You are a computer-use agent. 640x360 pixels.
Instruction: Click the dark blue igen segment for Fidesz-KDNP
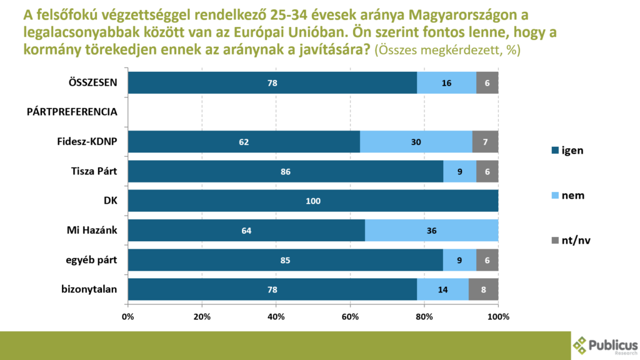coord(244,142)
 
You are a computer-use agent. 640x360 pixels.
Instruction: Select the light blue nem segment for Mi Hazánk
coord(431,231)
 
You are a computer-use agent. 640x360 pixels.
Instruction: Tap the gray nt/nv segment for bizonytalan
coord(484,290)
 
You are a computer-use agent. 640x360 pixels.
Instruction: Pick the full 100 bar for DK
coord(313,201)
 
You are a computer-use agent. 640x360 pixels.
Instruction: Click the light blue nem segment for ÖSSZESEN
coord(446,82)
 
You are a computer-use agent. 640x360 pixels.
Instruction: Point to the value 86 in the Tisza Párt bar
coord(286,172)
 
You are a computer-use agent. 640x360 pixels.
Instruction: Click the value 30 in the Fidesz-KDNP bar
coord(416,142)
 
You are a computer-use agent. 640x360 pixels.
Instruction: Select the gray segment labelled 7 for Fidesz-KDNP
coord(485,142)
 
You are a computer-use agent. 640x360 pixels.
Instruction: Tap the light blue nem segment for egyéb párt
coord(459,260)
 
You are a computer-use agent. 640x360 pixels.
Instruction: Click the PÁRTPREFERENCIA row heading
coord(72,112)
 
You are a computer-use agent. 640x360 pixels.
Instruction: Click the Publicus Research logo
coord(604,346)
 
